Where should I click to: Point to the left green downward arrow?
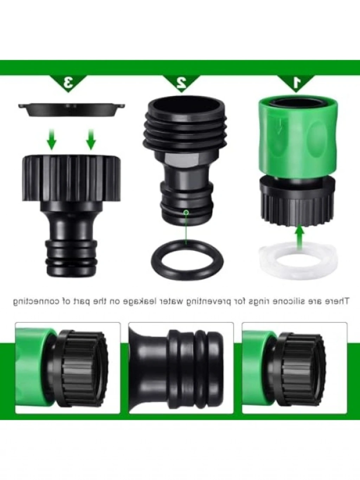[x=52, y=139]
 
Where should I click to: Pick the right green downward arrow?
[x=91, y=139]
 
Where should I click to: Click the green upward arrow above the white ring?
[x=300, y=237]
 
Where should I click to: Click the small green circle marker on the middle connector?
[x=186, y=212]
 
